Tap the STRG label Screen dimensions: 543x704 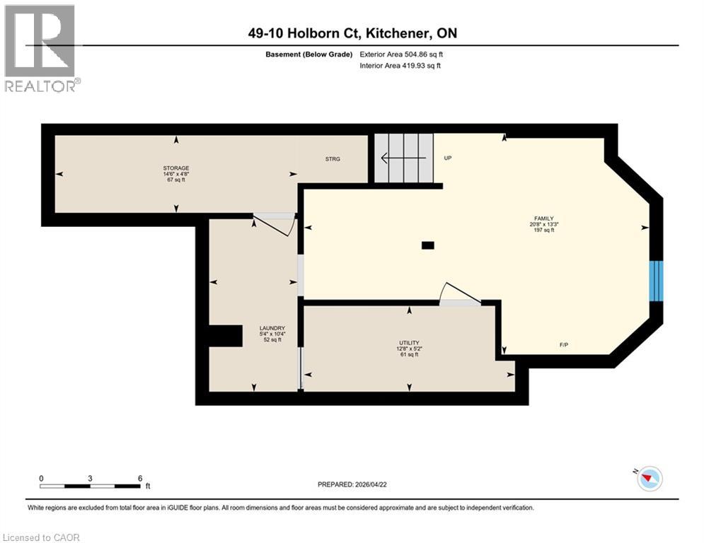click(x=333, y=159)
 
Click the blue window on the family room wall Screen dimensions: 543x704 click(x=657, y=280)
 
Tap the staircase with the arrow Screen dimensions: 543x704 click(x=403, y=158)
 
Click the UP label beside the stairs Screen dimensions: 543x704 click(x=447, y=158)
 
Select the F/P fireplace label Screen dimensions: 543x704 click(x=565, y=345)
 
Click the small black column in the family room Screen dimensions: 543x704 click(x=427, y=245)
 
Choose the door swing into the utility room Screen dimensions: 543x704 click(x=458, y=296)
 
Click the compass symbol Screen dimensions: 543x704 click(x=649, y=479)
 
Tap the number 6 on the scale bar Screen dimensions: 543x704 click(x=140, y=477)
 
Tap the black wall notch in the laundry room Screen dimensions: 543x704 click(x=225, y=336)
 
